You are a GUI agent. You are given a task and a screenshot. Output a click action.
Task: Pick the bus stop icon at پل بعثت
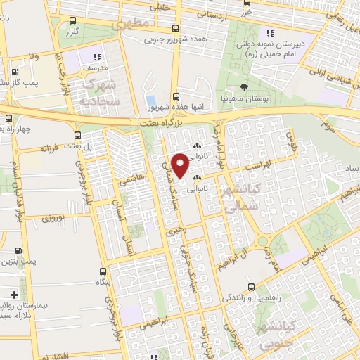click(78, 136)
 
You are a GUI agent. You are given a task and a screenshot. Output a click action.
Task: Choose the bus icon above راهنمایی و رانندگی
click(252, 286)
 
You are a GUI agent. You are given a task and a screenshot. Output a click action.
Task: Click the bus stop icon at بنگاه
click(103, 271)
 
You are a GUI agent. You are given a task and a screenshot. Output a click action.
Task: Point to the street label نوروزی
click(51, 220)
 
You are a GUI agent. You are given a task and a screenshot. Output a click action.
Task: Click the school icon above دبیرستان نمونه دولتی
click(269, 33)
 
